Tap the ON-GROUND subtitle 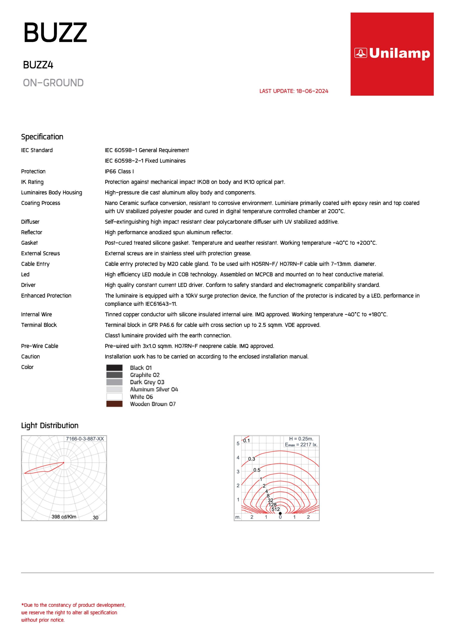(x=53, y=83)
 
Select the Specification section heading (x=42, y=137)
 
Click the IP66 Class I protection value (x=119, y=171)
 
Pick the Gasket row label (x=29, y=243)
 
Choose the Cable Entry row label (x=35, y=264)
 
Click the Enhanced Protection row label (x=46, y=295)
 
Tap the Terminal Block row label (x=39, y=325)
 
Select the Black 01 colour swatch (x=114, y=368)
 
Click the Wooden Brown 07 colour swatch (x=114, y=404)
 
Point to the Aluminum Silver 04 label (x=154, y=389)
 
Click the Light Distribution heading (x=50, y=425)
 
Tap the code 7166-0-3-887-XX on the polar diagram (x=85, y=439)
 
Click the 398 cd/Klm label (x=64, y=517)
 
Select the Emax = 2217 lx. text (x=301, y=445)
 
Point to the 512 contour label (x=276, y=509)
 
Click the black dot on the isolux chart (x=280, y=513)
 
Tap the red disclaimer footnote (x=73, y=612)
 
